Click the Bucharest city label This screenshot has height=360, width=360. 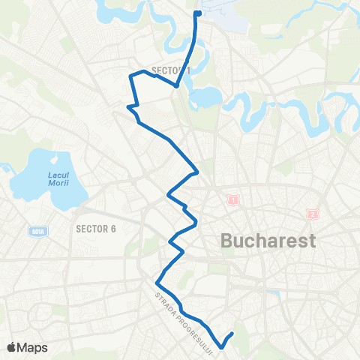coord(268,241)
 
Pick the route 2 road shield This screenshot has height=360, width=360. coord(312,214)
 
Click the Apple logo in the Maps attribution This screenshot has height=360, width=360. coord(11,347)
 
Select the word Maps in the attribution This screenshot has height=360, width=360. coord(33,347)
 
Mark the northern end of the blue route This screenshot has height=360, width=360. coord(197,13)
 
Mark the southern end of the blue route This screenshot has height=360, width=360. coord(233,333)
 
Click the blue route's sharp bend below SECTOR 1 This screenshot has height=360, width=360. coord(176,85)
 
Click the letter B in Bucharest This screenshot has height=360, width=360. coord(227,241)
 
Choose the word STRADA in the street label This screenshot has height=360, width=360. coord(163,302)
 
